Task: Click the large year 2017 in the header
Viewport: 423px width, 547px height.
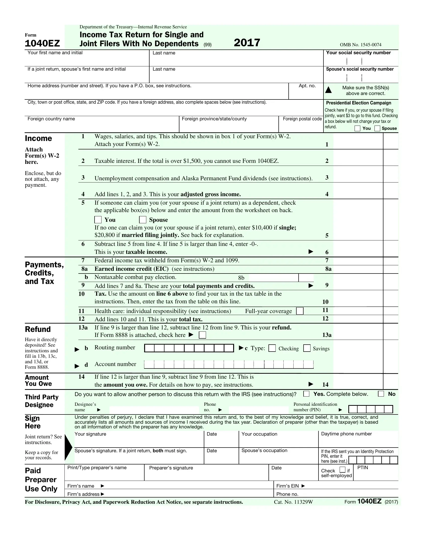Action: (247, 43)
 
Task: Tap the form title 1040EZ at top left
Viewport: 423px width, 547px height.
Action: (42, 43)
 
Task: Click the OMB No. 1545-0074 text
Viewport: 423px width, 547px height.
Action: (360, 45)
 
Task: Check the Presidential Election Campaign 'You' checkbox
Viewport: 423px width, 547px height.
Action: (358, 129)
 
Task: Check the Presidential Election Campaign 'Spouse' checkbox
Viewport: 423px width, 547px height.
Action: (377, 129)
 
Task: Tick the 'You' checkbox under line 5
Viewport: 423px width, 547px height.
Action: (98, 220)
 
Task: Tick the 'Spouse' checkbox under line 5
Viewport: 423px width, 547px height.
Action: (143, 220)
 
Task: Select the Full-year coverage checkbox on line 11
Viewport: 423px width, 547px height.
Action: (300, 311)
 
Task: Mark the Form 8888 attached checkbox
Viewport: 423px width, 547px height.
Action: (202, 335)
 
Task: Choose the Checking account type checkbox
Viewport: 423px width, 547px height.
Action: (272, 348)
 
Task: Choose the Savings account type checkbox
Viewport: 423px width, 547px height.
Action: (307, 348)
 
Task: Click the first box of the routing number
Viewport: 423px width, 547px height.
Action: (150, 348)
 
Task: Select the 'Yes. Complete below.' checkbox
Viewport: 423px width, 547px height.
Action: (306, 394)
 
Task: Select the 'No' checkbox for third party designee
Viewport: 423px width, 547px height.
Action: (381, 394)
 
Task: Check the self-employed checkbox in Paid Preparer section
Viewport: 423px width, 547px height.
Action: (342, 470)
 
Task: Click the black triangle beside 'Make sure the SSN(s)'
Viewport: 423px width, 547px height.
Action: (328, 90)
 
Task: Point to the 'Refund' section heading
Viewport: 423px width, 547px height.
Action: (38, 329)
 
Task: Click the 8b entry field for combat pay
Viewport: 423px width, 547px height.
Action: (273, 277)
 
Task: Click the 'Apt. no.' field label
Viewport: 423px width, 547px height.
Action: (307, 86)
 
